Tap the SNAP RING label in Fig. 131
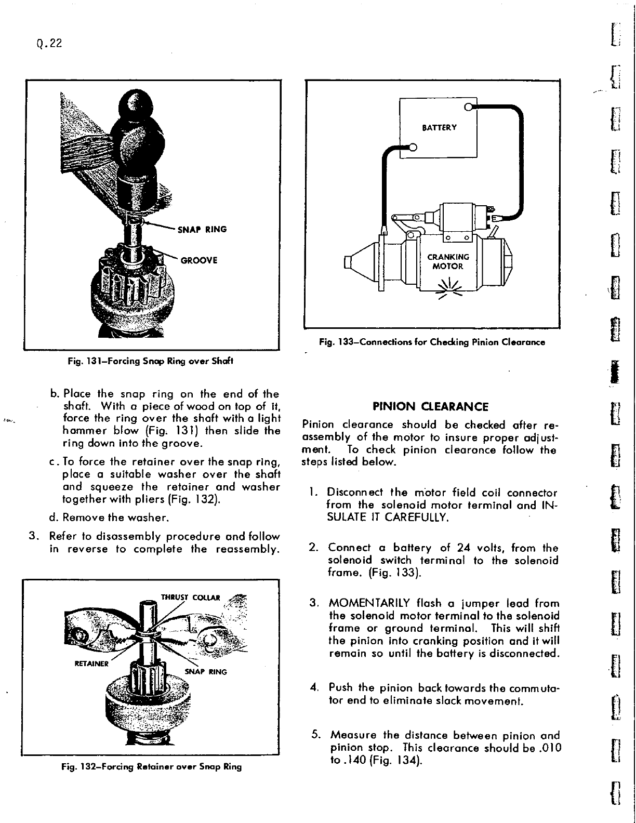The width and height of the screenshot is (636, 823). (x=202, y=230)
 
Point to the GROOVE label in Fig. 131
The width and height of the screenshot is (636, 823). (x=198, y=261)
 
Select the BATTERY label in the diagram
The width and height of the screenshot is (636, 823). (x=439, y=128)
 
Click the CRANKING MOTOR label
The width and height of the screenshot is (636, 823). (x=448, y=261)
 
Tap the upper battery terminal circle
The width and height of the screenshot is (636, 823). (x=468, y=108)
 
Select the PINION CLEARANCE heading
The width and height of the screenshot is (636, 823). (x=431, y=406)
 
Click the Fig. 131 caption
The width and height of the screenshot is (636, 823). (x=151, y=361)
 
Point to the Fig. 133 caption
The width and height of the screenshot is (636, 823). (x=431, y=342)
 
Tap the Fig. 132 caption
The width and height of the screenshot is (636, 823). (x=151, y=766)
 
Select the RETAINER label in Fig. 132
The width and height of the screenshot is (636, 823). (x=91, y=663)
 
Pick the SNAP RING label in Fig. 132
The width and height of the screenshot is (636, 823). (x=206, y=671)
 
